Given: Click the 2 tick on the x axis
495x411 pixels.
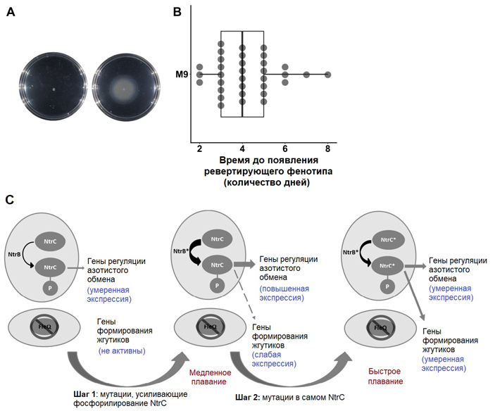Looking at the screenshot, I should (x=200, y=148).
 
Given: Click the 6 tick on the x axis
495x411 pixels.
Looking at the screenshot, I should (x=285, y=148).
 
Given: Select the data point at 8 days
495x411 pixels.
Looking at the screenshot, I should (x=327, y=74).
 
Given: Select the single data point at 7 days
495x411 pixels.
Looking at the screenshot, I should (x=306, y=74).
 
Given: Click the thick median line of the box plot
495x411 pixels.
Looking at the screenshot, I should (x=242, y=74).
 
